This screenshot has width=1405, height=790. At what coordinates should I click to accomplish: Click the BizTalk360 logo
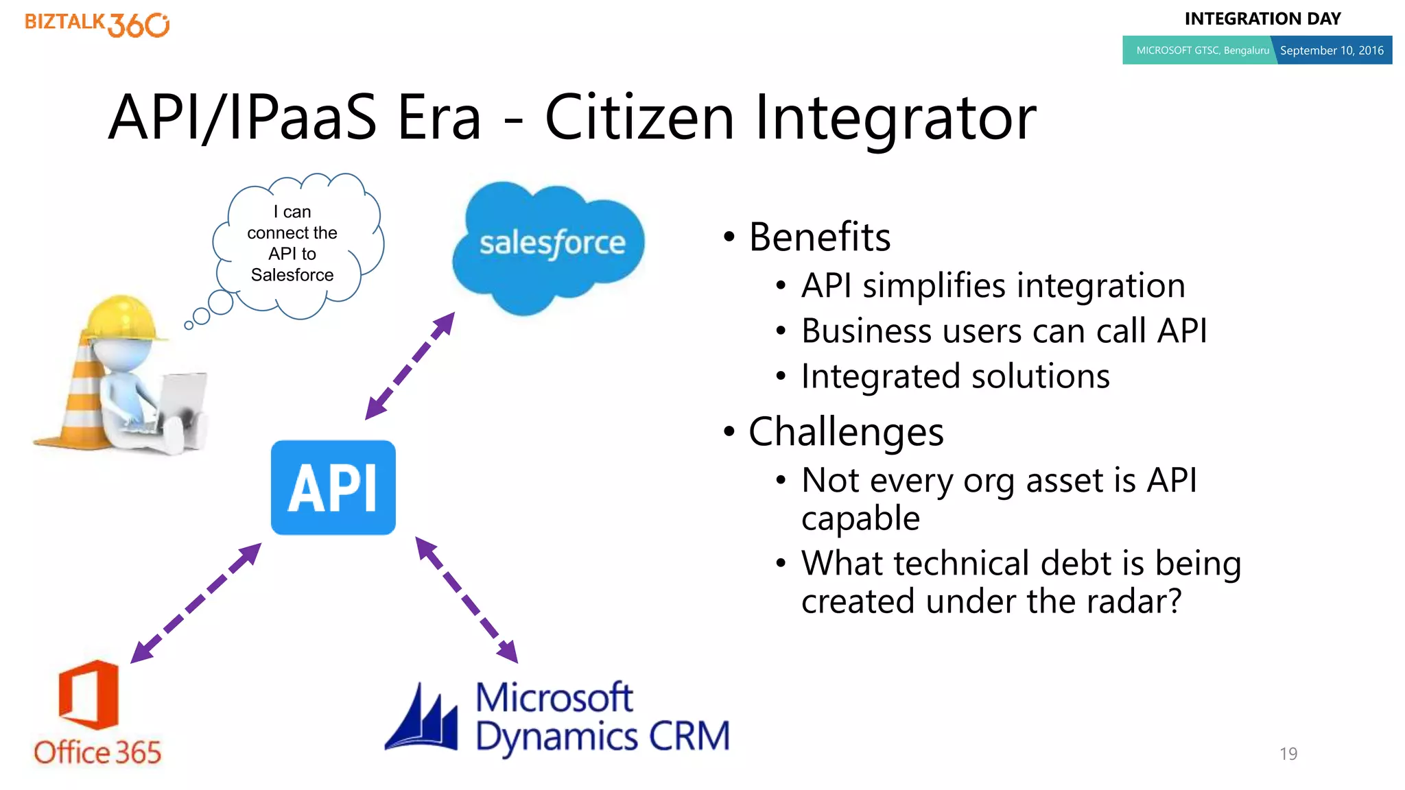pos(97,24)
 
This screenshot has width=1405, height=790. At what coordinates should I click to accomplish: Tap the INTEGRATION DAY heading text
pos(1262,19)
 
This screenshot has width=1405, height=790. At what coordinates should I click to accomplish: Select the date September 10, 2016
pos(1331,50)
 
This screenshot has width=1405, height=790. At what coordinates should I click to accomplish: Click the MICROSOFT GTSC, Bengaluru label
pos(1202,50)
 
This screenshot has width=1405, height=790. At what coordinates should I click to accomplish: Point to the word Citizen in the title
pos(639,117)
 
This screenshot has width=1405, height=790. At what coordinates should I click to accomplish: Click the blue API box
pos(333,488)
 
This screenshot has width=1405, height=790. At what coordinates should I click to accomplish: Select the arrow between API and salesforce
pos(410,366)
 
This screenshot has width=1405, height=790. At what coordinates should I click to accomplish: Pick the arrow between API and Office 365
pos(196,603)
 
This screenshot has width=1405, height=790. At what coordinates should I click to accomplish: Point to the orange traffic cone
pos(79,405)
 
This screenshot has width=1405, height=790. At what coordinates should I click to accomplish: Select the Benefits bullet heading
pos(819,237)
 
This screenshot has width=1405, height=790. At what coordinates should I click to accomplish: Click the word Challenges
pos(845,432)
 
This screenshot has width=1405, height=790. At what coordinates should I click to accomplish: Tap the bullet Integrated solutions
pos(955,376)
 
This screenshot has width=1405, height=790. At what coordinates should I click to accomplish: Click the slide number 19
pos(1288,754)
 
